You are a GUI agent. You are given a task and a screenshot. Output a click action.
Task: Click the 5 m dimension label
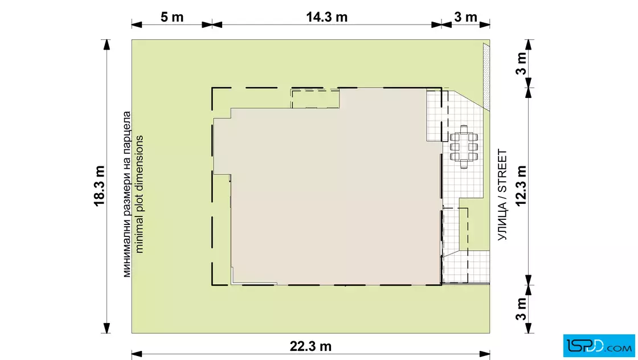[x=171, y=17]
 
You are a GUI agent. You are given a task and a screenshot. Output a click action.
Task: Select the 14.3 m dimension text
[x=327, y=17]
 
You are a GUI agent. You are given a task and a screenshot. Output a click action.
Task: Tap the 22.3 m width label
[x=310, y=346]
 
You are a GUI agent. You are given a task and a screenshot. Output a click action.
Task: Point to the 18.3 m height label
[x=100, y=186]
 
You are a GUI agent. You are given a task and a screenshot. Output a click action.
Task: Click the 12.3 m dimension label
[x=521, y=186]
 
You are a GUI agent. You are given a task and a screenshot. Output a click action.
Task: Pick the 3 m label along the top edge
[x=465, y=17]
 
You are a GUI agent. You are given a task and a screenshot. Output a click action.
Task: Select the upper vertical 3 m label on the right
[x=521, y=63]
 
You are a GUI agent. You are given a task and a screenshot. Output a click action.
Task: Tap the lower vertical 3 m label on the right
[x=521, y=309]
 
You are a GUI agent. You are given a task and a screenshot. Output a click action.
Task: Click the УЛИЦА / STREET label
[x=502, y=195]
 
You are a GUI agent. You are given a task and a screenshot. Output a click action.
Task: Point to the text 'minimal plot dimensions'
[x=139, y=194]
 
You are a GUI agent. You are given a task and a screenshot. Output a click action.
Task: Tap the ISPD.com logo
[x=599, y=346]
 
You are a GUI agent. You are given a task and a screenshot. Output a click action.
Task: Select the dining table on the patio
[x=464, y=147]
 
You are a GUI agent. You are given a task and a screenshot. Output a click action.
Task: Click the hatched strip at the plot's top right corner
[x=486, y=76]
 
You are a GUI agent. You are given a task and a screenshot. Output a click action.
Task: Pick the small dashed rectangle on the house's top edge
[x=316, y=99]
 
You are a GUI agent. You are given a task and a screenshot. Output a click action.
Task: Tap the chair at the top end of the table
[x=464, y=129]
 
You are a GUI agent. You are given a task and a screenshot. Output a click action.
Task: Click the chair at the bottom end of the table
[x=464, y=165]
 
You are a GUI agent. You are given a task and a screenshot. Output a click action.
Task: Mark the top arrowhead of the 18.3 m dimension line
[x=107, y=45]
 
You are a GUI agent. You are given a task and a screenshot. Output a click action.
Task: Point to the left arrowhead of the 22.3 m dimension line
[x=137, y=354]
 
